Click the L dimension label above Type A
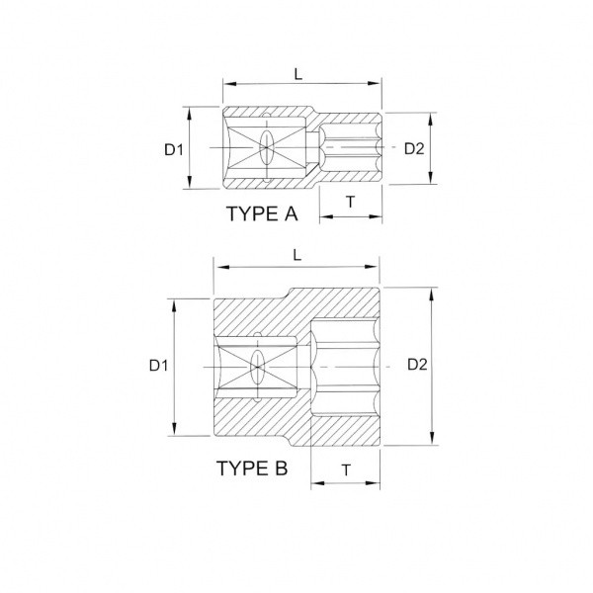click(298, 74)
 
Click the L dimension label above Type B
click(297, 255)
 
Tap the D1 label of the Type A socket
click(174, 150)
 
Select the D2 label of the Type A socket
click(414, 148)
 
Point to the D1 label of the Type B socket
click(158, 366)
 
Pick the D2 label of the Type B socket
click(417, 364)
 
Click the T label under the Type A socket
click(351, 202)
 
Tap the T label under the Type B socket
click(346, 469)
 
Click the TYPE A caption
click(262, 213)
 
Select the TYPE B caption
click(252, 468)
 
